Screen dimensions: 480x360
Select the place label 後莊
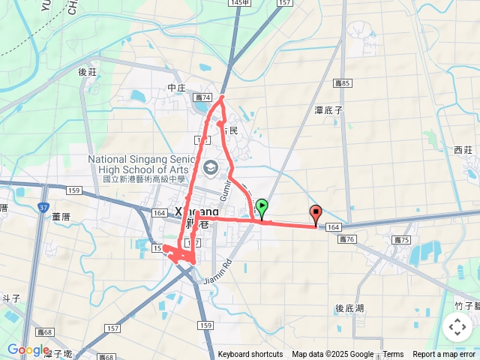pos(88,72)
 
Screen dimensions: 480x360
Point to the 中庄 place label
pos(177,88)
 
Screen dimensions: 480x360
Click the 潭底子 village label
pos(328,109)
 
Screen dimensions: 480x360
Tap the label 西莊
pos(464,150)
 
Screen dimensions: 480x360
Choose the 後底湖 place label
pos(349,308)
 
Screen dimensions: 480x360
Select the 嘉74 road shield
pos(203,98)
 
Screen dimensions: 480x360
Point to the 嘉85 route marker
pos(343,83)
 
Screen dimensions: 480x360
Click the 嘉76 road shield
pos(346,240)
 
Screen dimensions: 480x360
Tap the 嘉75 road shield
pos(403,240)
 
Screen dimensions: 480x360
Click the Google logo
pos(27,349)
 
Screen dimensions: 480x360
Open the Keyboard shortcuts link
pos(250,355)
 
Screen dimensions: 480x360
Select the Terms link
pos(393,355)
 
